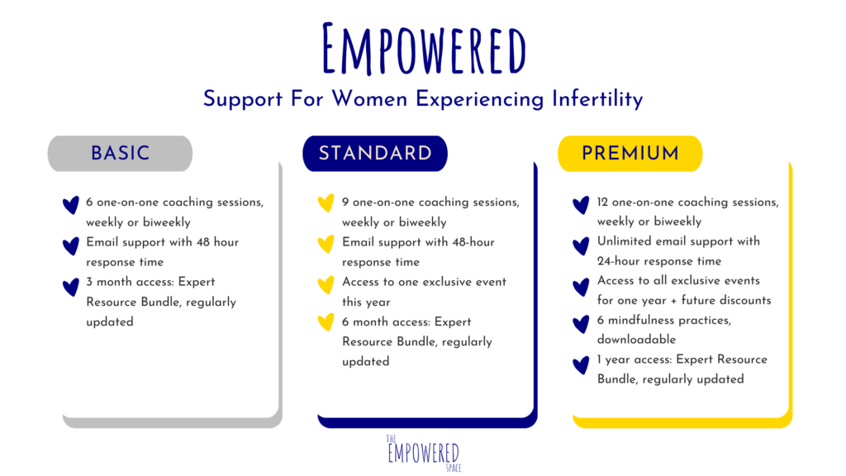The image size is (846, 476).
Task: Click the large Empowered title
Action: (x=424, y=49)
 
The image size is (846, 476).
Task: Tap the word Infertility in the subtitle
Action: (x=597, y=99)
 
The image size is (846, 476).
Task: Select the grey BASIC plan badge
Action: (x=121, y=153)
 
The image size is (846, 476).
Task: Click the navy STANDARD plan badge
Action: (x=375, y=153)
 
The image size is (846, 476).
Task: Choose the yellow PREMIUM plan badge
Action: (x=630, y=153)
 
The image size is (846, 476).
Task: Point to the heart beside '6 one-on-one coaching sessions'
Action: (x=71, y=205)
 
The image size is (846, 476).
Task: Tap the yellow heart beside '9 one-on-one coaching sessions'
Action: (x=326, y=203)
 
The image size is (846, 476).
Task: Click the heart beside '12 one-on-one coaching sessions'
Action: (x=581, y=205)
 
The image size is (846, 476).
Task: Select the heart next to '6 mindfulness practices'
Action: (x=581, y=324)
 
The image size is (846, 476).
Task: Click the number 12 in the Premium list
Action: (x=602, y=202)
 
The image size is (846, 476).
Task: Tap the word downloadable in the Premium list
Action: (x=637, y=340)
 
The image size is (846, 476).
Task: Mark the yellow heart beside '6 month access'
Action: (x=326, y=322)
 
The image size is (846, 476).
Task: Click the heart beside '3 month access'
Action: (x=71, y=287)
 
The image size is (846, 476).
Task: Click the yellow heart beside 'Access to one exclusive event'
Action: (x=326, y=284)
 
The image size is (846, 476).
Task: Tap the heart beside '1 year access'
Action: (x=581, y=365)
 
